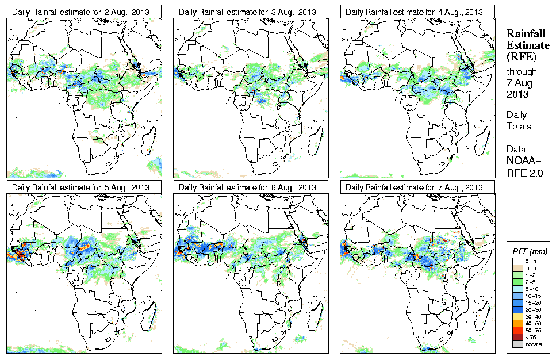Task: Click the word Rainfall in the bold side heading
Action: point(525,34)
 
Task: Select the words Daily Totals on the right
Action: point(519,120)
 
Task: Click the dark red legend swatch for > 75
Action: point(516,336)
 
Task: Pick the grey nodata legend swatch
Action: point(516,343)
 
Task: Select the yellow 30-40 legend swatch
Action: point(516,316)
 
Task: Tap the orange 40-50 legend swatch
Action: point(516,323)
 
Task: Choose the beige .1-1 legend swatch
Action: point(516,267)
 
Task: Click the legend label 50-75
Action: point(532,330)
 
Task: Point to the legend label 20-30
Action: point(532,309)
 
